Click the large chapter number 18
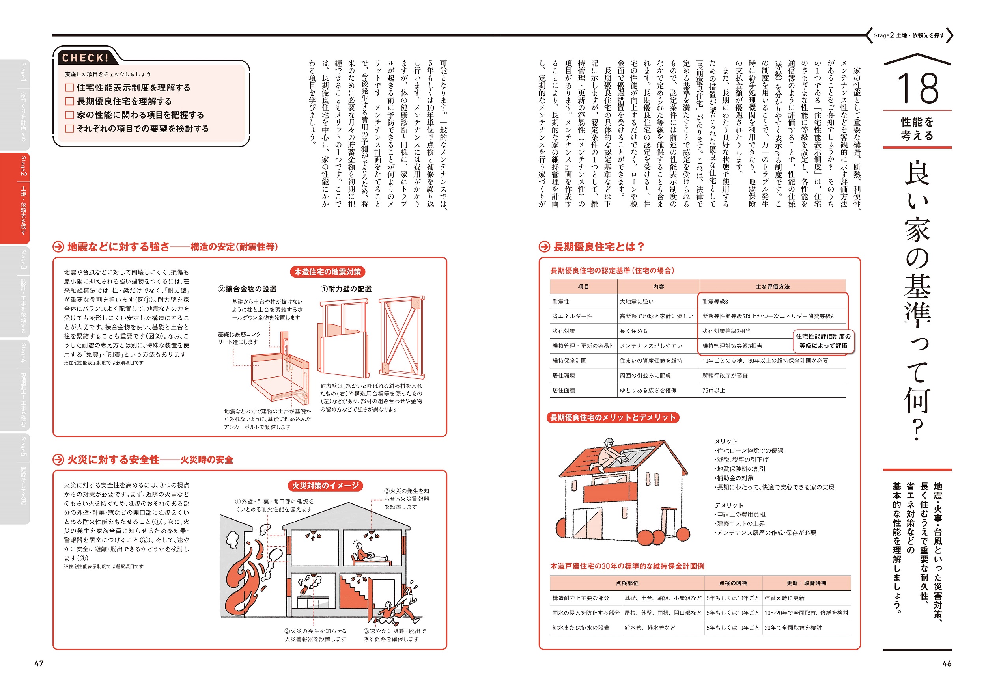917,88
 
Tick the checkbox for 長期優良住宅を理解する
69,101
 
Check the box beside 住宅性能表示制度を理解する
69,88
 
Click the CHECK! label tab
85,58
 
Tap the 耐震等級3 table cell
715,301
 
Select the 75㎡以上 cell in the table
713,390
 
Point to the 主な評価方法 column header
772,286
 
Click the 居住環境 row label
564,376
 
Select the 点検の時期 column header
733,583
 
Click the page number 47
39,663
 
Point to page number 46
947,663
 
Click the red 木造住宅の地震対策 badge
327,272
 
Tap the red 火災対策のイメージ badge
325,485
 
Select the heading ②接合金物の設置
247,289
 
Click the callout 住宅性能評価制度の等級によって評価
823,341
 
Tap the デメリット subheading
728,505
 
